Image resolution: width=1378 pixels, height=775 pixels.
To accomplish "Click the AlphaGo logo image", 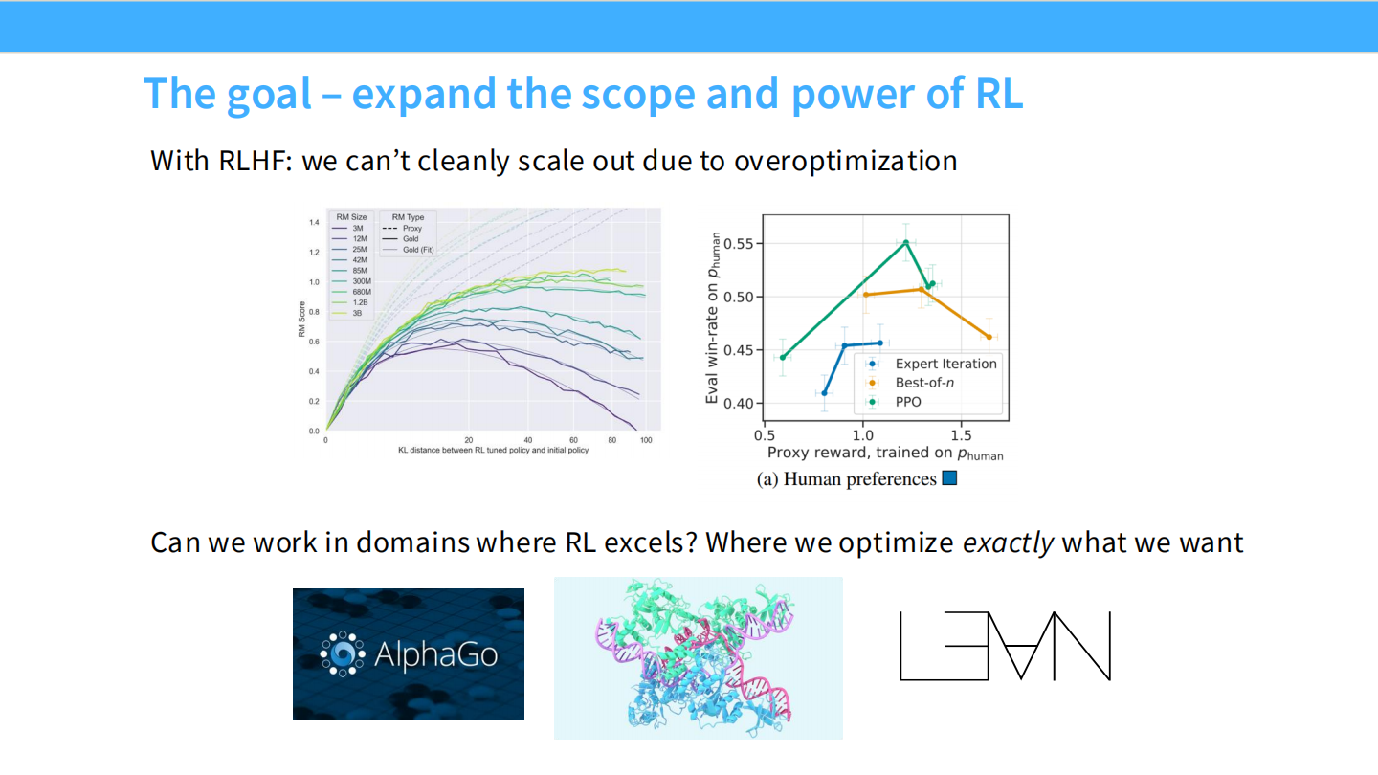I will [409, 653].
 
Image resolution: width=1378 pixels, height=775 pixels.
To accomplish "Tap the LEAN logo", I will [1005, 646].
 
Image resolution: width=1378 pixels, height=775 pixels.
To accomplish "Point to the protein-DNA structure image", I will [698, 658].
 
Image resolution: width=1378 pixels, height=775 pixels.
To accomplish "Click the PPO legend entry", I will [908, 402].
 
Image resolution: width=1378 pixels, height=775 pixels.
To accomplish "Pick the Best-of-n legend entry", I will [924, 383].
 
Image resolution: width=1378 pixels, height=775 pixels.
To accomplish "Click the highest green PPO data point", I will [905, 243].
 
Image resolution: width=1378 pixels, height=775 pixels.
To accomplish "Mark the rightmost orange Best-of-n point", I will [989, 337].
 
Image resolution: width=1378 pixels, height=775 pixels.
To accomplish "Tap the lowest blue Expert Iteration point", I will [797, 393].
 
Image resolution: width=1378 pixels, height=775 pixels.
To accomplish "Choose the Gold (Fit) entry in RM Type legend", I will [418, 250].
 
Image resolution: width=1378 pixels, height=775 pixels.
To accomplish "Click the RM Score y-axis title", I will [301, 321].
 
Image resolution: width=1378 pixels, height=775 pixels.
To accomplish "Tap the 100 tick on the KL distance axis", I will [645, 440].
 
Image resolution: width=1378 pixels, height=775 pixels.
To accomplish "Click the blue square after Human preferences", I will [949, 478].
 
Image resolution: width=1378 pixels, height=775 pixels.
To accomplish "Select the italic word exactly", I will [1008, 543].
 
